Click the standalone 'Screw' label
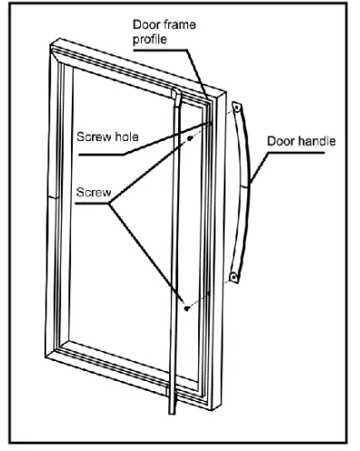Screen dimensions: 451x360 point(87,194)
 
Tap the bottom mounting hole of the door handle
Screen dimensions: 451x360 point(234,274)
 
